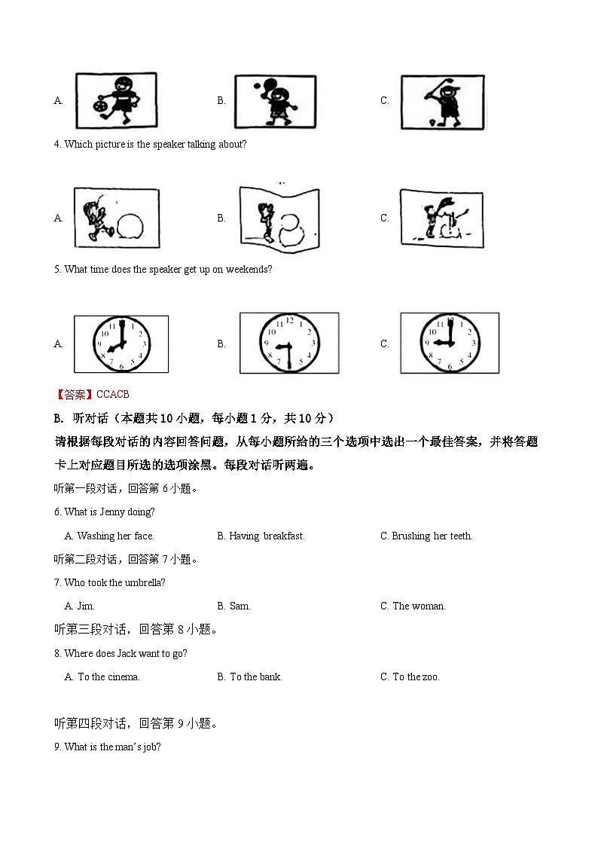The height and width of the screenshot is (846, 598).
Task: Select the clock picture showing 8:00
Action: click(121, 344)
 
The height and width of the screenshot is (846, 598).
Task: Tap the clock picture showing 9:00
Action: click(449, 343)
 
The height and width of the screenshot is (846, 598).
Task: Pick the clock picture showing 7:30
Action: click(288, 344)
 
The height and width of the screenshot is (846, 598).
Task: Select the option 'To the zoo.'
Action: click(416, 676)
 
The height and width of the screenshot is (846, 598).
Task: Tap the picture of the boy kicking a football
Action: click(117, 101)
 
